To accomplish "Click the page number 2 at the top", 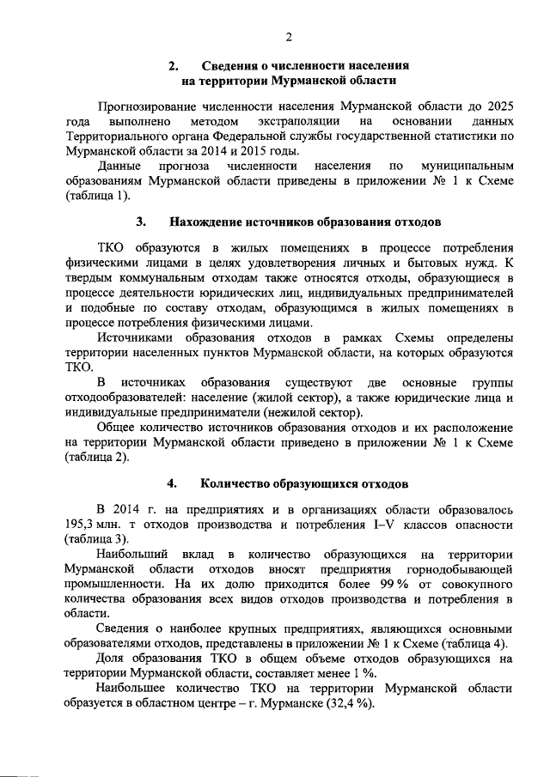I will [289, 36].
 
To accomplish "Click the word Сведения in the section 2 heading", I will [228, 66].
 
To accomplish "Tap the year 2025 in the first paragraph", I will [498, 106].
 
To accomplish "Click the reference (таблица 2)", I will [97, 457].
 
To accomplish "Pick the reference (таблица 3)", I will [97, 539].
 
